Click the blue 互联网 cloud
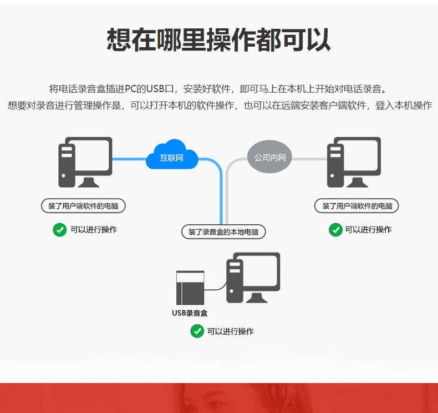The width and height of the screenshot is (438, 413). coord(172,155)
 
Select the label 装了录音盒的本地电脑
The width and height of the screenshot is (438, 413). coord(223,232)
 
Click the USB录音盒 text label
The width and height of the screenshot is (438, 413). coord(190,313)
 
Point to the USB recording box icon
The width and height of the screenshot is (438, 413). coord(190,288)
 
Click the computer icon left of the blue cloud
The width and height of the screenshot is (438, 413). coord(85,162)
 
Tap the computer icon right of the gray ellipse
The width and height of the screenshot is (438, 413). coord(354,162)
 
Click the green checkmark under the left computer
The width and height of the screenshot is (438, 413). coord(60,229)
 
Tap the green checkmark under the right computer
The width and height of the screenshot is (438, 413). coord(335,229)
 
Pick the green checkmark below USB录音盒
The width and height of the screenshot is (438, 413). coord(197,331)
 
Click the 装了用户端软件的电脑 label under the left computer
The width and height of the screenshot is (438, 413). coord(83,206)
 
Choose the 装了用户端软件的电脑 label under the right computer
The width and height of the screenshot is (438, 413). coord(357,206)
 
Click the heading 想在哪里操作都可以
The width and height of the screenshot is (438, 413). coord(218,39)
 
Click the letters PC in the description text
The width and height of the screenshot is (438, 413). coord(130,89)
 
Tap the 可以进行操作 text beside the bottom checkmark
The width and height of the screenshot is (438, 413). coord(231,331)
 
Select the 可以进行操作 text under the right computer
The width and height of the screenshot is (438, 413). coord(368,229)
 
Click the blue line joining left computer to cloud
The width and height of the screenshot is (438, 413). coord(129,159)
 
